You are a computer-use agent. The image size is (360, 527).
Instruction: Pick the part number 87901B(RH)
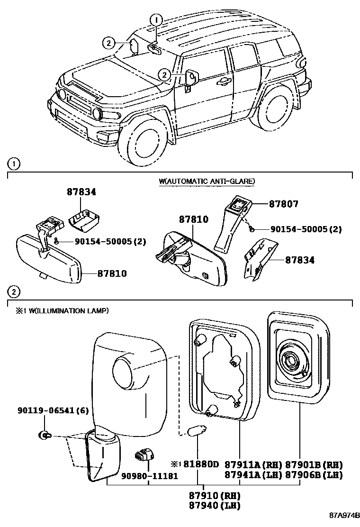[314, 465]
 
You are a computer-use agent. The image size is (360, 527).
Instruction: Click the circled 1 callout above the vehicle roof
[156, 20]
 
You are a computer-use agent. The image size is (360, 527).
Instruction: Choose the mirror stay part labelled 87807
[230, 223]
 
